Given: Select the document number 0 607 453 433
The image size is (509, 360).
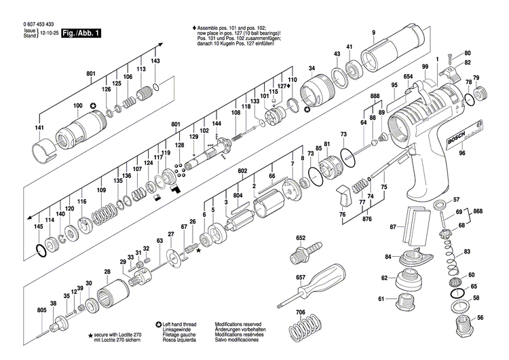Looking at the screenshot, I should coord(30,24).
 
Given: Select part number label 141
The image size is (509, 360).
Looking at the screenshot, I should coord(39,128).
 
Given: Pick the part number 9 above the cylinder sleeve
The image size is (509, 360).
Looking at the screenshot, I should coord(373,33).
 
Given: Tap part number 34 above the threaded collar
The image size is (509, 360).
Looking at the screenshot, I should coord(312,69).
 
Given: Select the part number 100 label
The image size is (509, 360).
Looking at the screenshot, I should coord(77,105).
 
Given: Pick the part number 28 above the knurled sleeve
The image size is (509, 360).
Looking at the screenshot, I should coord(107,272).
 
